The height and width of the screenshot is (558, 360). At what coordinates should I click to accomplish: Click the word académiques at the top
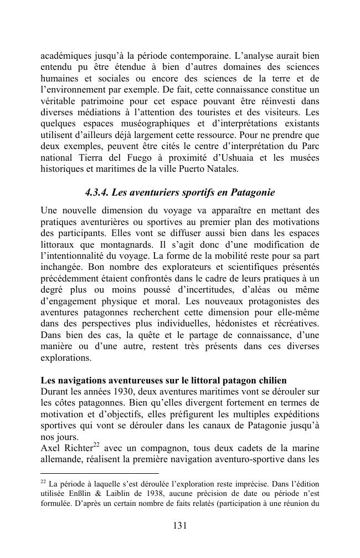(x=64, y=55)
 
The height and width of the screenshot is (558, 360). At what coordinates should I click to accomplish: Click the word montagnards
(x=205, y=244)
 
